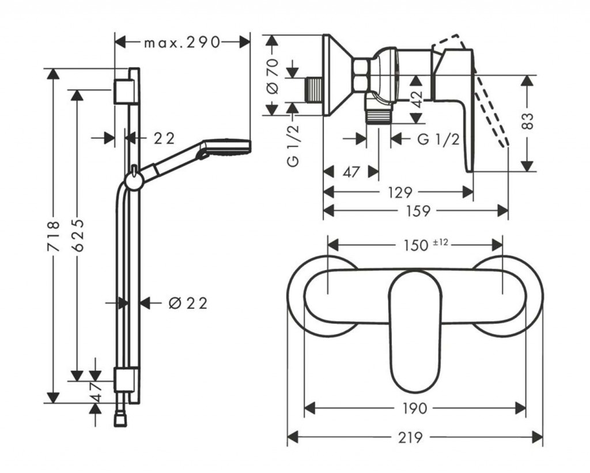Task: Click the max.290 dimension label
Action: (182, 42)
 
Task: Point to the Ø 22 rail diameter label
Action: (187, 303)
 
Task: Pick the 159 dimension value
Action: (418, 211)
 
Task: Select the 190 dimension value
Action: (415, 408)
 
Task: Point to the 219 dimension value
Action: (415, 437)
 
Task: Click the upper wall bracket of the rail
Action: (124, 91)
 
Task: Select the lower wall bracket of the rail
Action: (124, 380)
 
